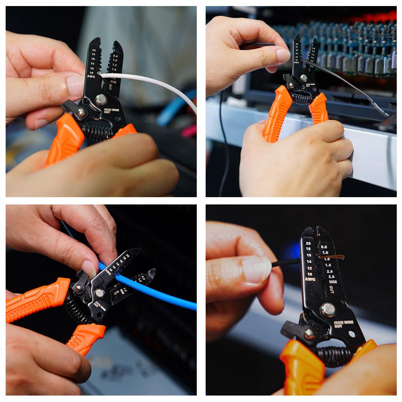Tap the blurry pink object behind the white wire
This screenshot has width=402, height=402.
click(x=189, y=131)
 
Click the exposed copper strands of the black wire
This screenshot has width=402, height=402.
click(x=333, y=257)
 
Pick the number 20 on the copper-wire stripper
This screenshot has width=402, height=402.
click(x=308, y=243)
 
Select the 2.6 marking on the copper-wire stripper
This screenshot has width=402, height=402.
click(x=331, y=277)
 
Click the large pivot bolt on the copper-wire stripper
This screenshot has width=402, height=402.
click(x=328, y=309)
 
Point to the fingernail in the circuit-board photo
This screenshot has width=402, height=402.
click(x=283, y=55)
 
